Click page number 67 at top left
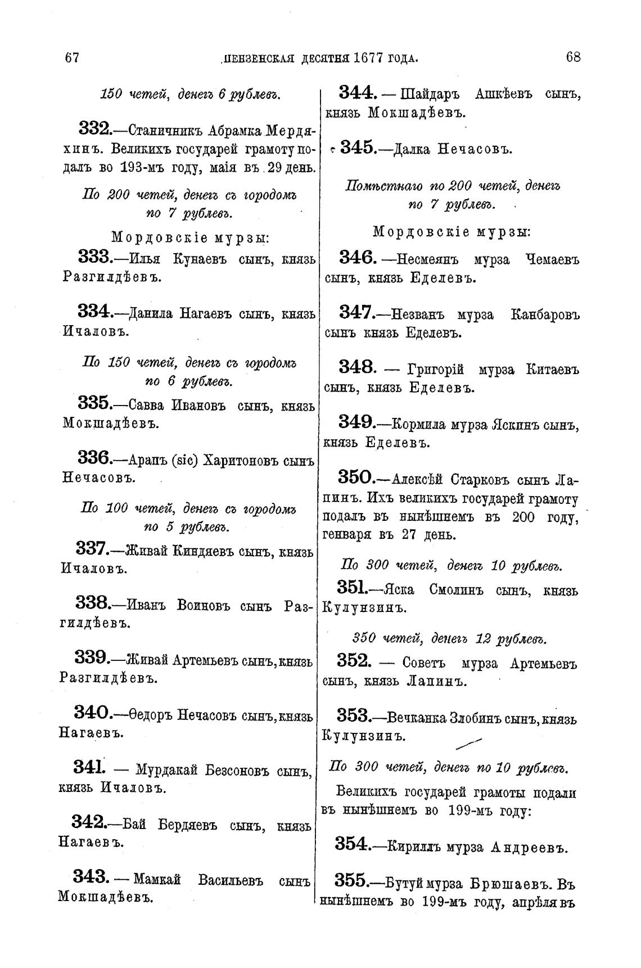71,57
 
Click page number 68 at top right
573,57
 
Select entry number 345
357,148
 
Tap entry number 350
355,479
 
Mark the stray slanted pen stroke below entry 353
470,744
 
